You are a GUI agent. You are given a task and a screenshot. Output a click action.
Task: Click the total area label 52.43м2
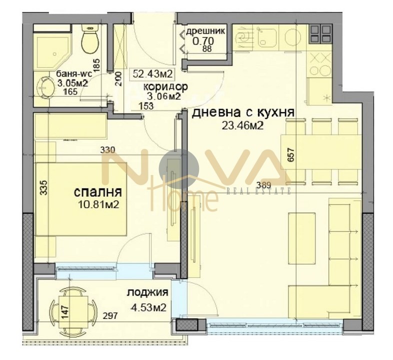pos(152,74)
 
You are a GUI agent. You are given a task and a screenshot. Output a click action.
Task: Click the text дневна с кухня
pos(242,112)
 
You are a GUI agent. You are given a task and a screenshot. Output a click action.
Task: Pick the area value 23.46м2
pos(242,125)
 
